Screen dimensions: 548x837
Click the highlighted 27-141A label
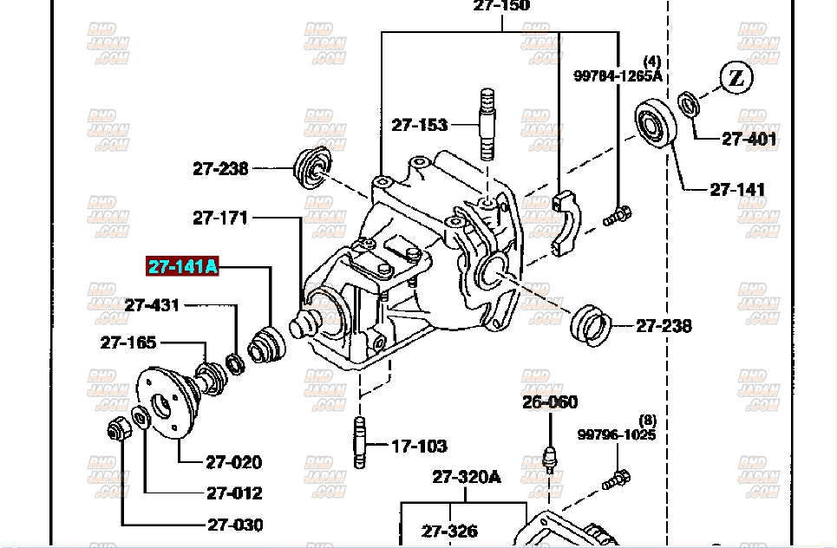coord(182,266)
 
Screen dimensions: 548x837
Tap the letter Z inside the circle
coord(736,79)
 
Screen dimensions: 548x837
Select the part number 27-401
coord(749,138)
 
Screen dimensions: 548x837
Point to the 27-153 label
coord(419,125)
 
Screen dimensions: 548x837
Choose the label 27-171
coord(220,218)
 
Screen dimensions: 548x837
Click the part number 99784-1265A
coord(617,75)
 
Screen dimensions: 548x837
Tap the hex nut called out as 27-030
coord(119,427)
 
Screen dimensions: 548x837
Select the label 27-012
coord(234,493)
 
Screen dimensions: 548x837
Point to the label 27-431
coord(152,304)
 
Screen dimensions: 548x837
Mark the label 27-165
coord(128,342)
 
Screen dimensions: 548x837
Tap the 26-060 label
coord(549,402)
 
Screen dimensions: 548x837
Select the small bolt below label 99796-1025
coord(619,477)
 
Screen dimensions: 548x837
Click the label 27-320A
coord(467,477)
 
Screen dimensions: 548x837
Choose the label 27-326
coord(449,531)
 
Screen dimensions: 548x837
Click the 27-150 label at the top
coord(501,6)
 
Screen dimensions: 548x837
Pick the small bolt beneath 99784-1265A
coord(619,213)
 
